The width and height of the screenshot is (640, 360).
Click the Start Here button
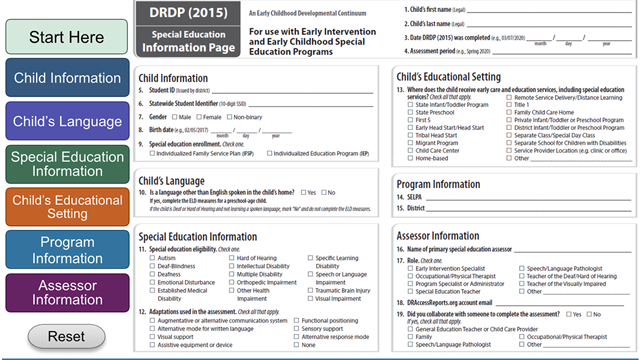click(x=65, y=37)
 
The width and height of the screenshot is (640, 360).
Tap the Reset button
click(x=65, y=337)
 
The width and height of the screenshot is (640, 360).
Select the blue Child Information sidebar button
click(x=65, y=78)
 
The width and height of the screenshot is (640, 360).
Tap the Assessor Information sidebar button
click(x=65, y=293)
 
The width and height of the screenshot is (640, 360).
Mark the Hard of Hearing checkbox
click(x=232, y=258)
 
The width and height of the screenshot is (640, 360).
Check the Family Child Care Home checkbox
click(x=509, y=112)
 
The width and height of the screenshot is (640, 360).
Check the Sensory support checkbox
click(x=296, y=328)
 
